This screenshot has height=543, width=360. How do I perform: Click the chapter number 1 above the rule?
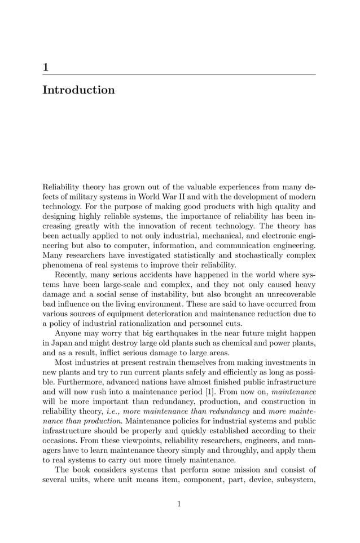(x=46, y=68)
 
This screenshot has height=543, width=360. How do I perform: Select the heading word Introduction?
(x=78, y=90)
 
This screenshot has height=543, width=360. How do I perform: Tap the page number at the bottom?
(x=179, y=504)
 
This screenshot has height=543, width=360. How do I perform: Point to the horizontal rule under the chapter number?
(x=179, y=74)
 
